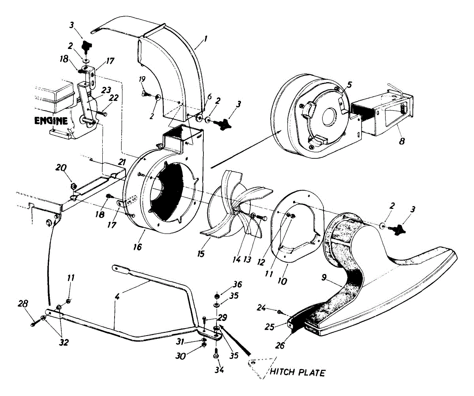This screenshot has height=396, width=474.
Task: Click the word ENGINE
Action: point(51,121)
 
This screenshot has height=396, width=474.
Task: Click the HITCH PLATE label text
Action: point(297,372)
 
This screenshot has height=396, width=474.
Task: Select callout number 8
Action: point(402,142)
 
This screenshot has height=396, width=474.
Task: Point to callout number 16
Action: point(138,247)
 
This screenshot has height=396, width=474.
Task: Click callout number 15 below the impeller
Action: point(201,254)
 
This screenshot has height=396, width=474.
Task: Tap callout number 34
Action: point(219,370)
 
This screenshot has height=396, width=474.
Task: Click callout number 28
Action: point(23,304)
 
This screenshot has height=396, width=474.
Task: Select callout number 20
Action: point(61,168)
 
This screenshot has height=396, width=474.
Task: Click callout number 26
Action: point(280,345)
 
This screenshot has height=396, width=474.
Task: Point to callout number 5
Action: point(349,85)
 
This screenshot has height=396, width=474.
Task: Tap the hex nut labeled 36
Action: point(217,296)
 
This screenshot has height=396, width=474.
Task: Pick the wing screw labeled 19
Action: point(147,93)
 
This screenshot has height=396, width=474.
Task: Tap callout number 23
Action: point(106,90)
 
